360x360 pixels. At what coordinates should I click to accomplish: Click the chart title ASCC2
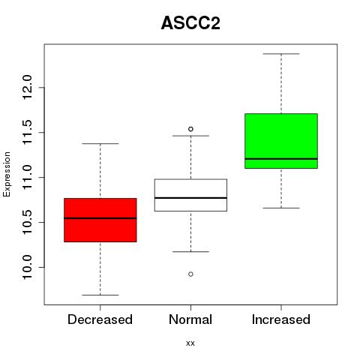tap(190, 23)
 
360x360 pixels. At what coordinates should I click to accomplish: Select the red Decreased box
tap(100, 220)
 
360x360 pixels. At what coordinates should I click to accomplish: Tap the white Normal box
tap(190, 195)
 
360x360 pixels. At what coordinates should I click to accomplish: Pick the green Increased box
tap(281, 141)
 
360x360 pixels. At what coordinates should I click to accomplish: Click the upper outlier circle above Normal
tap(190, 129)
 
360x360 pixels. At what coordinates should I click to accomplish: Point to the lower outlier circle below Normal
tap(190, 274)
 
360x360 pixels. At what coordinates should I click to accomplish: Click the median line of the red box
tap(100, 218)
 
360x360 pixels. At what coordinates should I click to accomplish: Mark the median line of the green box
tap(281, 159)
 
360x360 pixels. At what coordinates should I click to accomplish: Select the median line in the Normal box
tap(190, 198)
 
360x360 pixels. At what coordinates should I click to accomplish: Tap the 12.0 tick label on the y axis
tap(27, 88)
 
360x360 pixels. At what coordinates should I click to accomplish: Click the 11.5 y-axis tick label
tap(27, 132)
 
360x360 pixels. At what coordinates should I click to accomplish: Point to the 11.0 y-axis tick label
tap(27, 177)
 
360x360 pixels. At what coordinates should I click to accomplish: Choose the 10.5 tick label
tap(27, 222)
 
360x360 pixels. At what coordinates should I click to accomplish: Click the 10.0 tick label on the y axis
tap(27, 267)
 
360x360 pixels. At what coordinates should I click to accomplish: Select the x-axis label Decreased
tap(100, 319)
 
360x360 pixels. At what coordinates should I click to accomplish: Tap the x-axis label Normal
tap(190, 319)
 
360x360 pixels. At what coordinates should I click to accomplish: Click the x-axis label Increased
tap(281, 319)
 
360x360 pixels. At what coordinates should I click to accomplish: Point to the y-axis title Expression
tap(7, 174)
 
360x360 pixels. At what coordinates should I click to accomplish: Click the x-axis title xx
tap(190, 343)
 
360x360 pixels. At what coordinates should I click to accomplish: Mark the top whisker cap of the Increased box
tap(281, 54)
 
